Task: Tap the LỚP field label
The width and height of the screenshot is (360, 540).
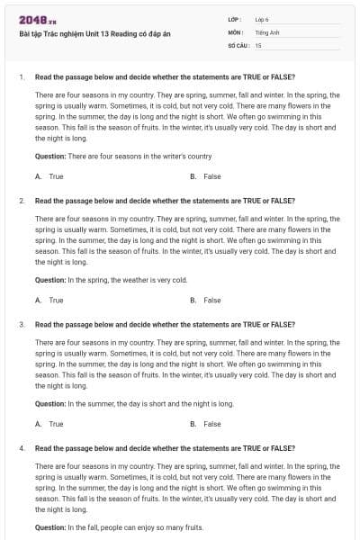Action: tap(234, 19)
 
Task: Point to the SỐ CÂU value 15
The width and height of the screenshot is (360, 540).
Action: tap(258, 44)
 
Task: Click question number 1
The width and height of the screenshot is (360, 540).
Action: tap(21, 77)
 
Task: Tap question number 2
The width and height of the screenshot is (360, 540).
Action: tap(21, 201)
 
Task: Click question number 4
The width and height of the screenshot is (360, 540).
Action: tap(21, 447)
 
